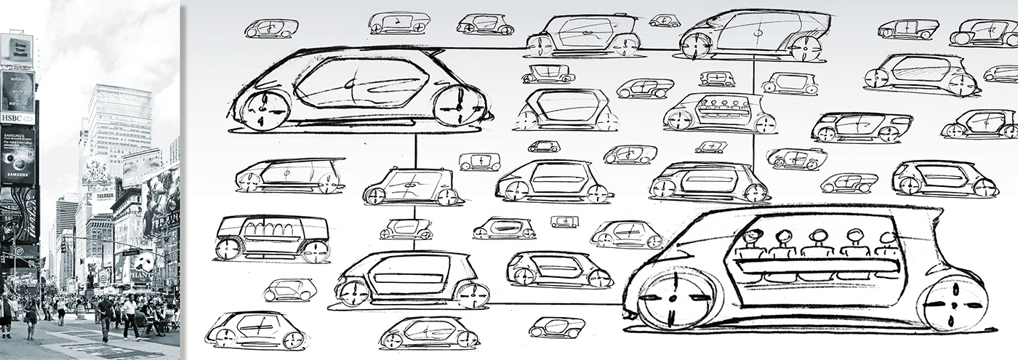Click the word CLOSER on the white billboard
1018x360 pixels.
pyautogui.click(x=104, y=197)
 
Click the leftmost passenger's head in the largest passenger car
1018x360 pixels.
pyautogui.click(x=753, y=236)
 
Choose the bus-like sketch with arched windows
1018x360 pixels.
pyautogui.click(x=272, y=238)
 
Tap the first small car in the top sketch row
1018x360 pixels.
pyautogui.click(x=272, y=28)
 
